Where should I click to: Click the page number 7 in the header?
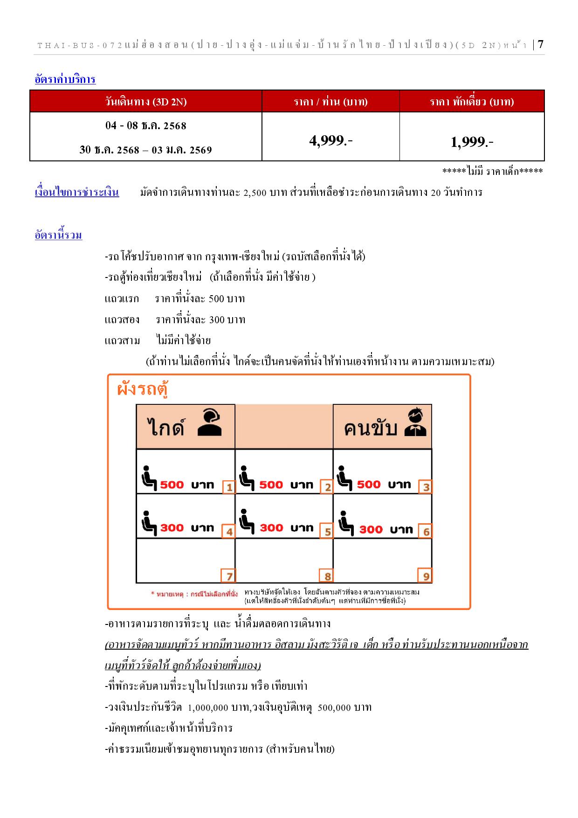pos(540,45)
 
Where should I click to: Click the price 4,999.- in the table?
pos(330,140)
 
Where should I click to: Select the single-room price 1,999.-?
pos(472,142)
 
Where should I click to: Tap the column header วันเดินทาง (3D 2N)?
pos(146,102)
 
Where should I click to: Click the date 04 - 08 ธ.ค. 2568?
pos(146,126)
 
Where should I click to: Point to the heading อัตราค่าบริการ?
pos(65,79)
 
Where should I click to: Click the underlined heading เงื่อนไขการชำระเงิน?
pos(77,192)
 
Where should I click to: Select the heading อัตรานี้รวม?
pos(59,235)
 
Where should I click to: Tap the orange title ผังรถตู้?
pos(142,389)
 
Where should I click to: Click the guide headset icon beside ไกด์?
pos(210,423)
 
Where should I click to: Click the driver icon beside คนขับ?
pos(415,423)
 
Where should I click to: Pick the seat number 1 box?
pos(229,487)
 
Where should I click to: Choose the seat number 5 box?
pos(327,532)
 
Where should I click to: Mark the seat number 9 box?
pos(426,576)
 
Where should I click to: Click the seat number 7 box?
pos(229,576)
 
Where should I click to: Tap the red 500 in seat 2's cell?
pos(271,485)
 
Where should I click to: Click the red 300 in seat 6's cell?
pos(371,529)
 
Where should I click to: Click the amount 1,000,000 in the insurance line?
pos(207,707)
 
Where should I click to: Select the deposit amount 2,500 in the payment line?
pos(255,193)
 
